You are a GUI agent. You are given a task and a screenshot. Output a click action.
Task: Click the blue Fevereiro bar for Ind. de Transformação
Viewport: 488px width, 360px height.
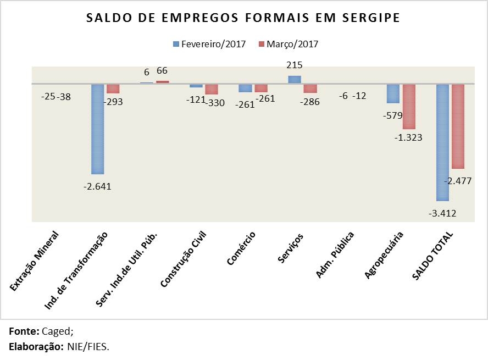98,129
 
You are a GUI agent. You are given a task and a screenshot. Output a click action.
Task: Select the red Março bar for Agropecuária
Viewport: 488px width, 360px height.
409,107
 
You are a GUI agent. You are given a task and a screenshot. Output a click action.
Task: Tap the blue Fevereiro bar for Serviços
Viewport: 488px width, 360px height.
295,80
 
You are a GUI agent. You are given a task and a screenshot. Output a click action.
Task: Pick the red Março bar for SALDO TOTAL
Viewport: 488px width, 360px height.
458,126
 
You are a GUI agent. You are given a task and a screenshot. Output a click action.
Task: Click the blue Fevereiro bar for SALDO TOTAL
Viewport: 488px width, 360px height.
442,142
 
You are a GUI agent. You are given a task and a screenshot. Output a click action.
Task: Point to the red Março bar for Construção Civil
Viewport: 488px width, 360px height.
212,89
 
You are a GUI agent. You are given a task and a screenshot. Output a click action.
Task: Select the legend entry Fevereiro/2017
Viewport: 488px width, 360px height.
209,44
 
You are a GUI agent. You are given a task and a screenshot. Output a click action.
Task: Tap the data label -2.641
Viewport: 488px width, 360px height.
97,186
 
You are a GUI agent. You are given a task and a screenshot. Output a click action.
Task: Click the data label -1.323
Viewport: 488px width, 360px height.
408,138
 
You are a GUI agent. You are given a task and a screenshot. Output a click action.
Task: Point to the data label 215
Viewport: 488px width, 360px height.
295,65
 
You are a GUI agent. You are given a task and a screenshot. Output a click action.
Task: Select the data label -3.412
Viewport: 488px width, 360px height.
443,213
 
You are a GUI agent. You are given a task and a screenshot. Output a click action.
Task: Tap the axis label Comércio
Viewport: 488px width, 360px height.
241,248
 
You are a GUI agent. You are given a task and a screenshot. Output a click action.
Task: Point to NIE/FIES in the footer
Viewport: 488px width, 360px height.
89,347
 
